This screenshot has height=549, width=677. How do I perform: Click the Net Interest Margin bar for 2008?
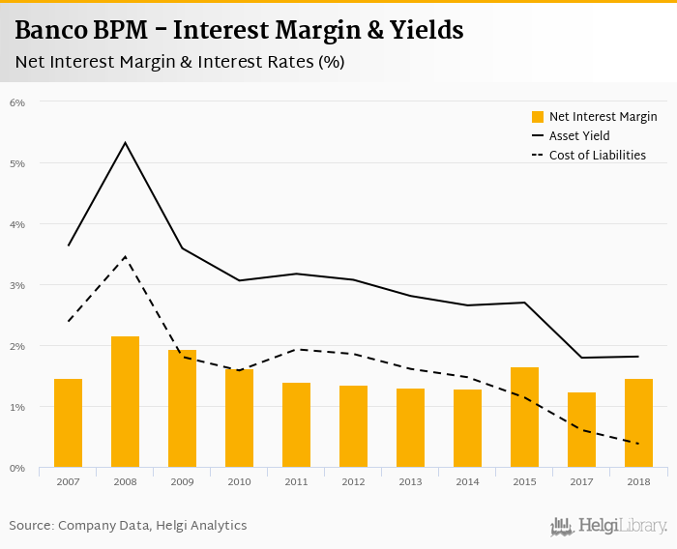coord(125,402)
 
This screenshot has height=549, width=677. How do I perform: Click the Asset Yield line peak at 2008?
coord(125,143)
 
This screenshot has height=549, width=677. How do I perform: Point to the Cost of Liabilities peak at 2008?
coord(125,256)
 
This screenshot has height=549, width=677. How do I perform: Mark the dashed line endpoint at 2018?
coord(638,444)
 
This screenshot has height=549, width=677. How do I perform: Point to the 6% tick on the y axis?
coord(17,102)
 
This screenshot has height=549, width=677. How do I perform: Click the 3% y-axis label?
coord(17,285)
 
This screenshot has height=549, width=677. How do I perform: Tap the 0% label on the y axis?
coord(17,468)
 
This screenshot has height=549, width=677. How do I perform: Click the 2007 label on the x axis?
coord(68,482)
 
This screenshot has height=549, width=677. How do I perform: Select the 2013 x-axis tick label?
coord(410,482)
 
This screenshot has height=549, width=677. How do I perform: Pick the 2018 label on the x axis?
coord(638,482)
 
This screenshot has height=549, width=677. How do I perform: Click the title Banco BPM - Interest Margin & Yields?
coord(239,31)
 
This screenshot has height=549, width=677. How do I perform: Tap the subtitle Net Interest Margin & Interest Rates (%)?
coord(180,62)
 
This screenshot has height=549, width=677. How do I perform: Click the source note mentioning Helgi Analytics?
coord(128,525)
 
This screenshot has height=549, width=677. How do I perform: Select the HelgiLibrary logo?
coord(609,526)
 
